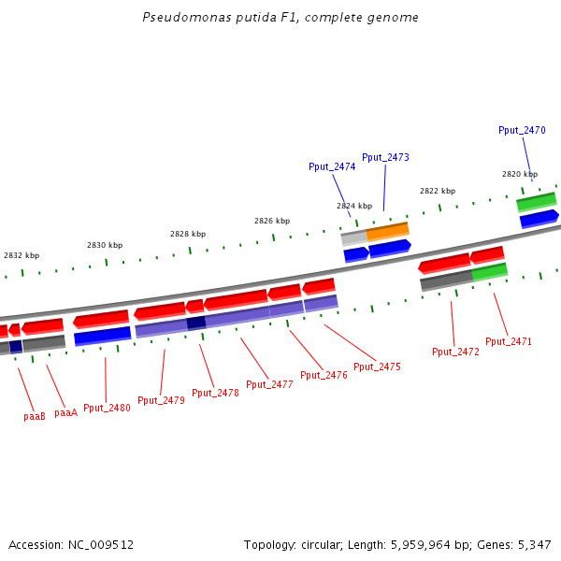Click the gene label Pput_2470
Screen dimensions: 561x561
[522, 131]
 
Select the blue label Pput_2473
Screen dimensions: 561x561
[385, 157]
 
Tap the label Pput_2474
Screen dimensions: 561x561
[332, 166]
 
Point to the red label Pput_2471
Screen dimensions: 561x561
[509, 342]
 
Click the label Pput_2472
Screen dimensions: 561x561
[455, 352]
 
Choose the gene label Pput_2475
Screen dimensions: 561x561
[377, 367]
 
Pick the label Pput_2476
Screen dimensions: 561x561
[324, 376]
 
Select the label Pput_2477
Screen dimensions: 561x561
[269, 384]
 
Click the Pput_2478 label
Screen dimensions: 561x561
[215, 394]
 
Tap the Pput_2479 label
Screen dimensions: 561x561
[161, 401]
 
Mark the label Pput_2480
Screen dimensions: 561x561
[107, 409]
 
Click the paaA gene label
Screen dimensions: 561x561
[65, 413]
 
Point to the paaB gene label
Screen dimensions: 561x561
[35, 417]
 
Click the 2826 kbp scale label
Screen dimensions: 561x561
[272, 222]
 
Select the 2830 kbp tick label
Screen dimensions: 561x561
[105, 245]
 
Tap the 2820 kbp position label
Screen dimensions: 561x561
[520, 174]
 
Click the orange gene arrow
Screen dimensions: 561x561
[388, 231]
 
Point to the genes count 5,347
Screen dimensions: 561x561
[534, 544]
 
